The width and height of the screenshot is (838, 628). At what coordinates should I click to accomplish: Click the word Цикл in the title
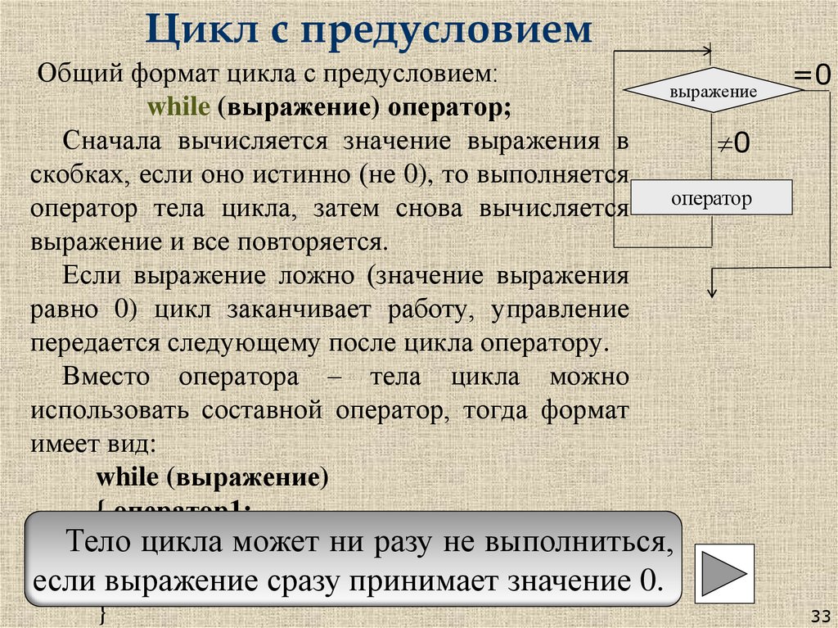(x=196, y=30)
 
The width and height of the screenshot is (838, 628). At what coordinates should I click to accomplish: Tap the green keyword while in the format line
(x=169, y=107)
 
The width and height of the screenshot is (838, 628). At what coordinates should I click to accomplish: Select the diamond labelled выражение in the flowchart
(x=713, y=92)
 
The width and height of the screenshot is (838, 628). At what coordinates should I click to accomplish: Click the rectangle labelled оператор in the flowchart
(x=712, y=198)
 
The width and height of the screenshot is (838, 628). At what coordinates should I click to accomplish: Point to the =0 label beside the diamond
(x=811, y=76)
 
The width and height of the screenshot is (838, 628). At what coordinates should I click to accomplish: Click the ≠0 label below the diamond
(x=734, y=143)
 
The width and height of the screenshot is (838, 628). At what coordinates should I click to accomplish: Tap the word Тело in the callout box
(x=95, y=541)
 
